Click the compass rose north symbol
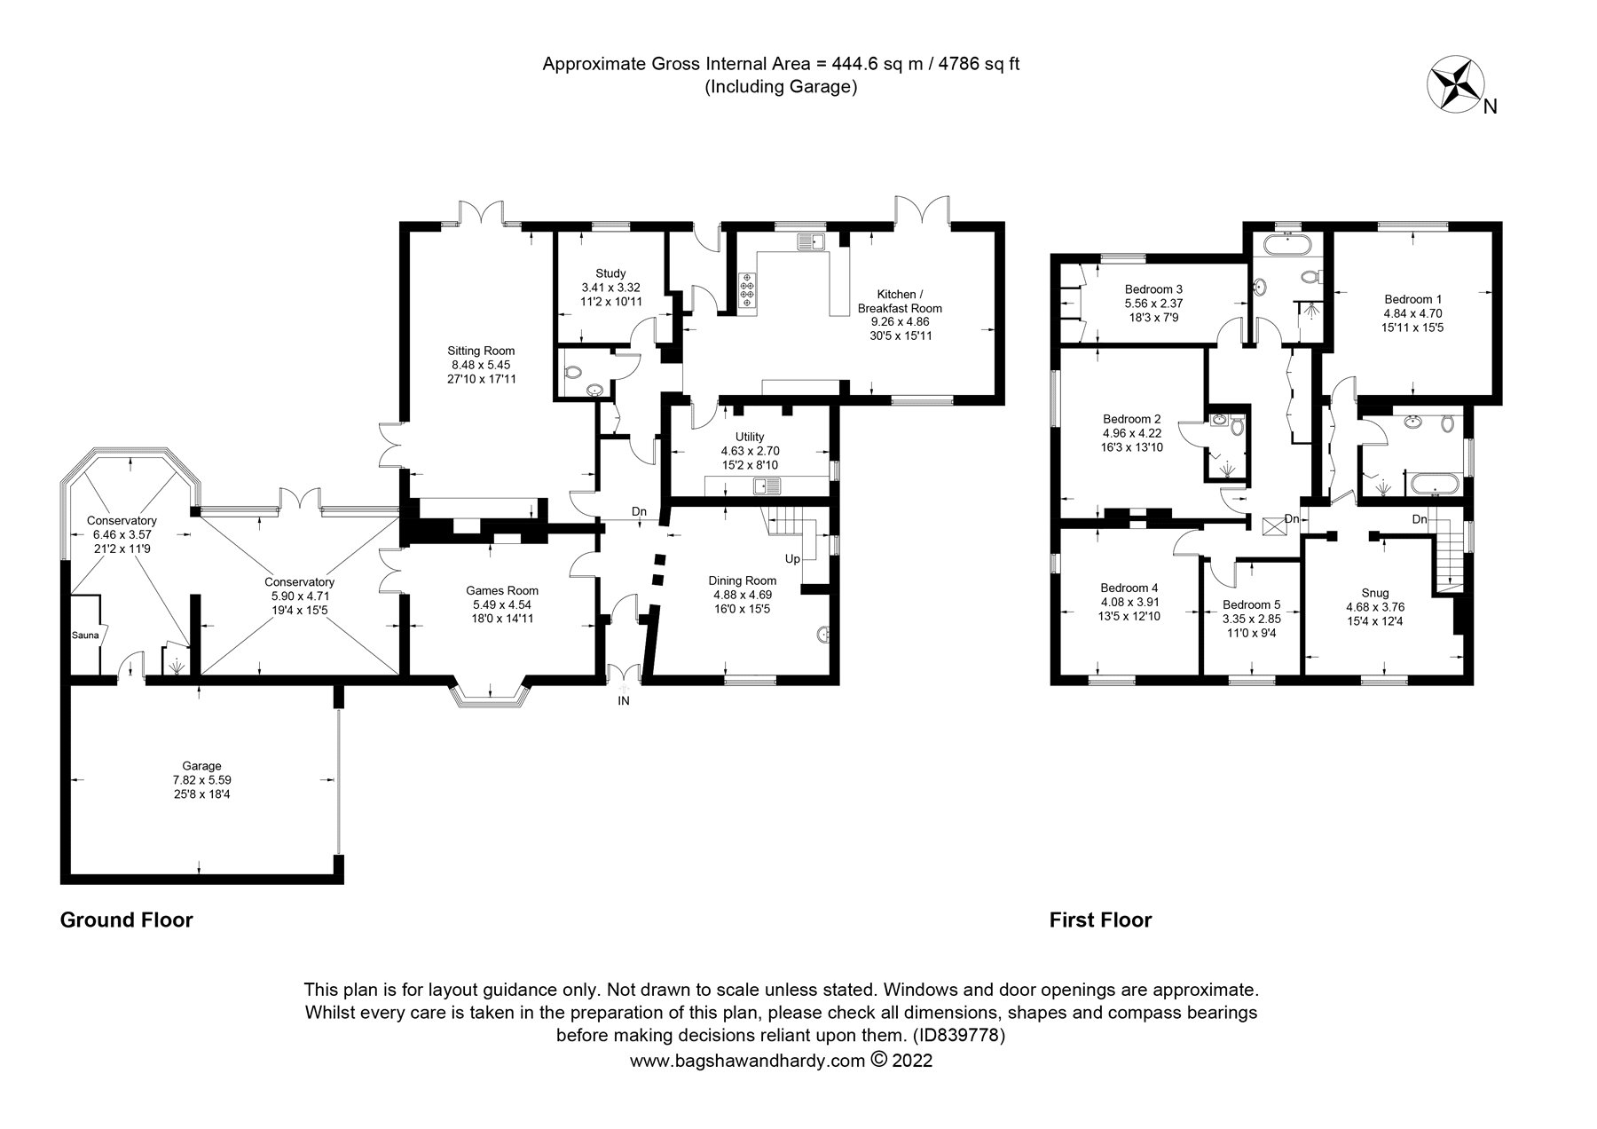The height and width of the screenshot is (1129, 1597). click(x=1456, y=84)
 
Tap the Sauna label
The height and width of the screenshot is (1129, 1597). click(x=86, y=636)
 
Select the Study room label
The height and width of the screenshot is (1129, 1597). click(x=610, y=273)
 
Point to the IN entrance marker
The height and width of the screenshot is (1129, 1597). click(x=624, y=701)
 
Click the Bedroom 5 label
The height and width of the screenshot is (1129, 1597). click(x=1251, y=605)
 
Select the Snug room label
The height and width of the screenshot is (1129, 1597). click(x=1375, y=593)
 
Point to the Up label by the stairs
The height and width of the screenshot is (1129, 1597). click(x=792, y=559)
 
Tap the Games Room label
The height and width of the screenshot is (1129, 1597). click(x=502, y=591)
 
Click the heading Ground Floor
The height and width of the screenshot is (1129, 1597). click(x=126, y=920)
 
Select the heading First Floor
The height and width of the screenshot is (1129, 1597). click(x=1100, y=920)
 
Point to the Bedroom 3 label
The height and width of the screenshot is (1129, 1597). click(x=1153, y=289)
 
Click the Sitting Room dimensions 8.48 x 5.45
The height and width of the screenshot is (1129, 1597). click(x=483, y=365)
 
